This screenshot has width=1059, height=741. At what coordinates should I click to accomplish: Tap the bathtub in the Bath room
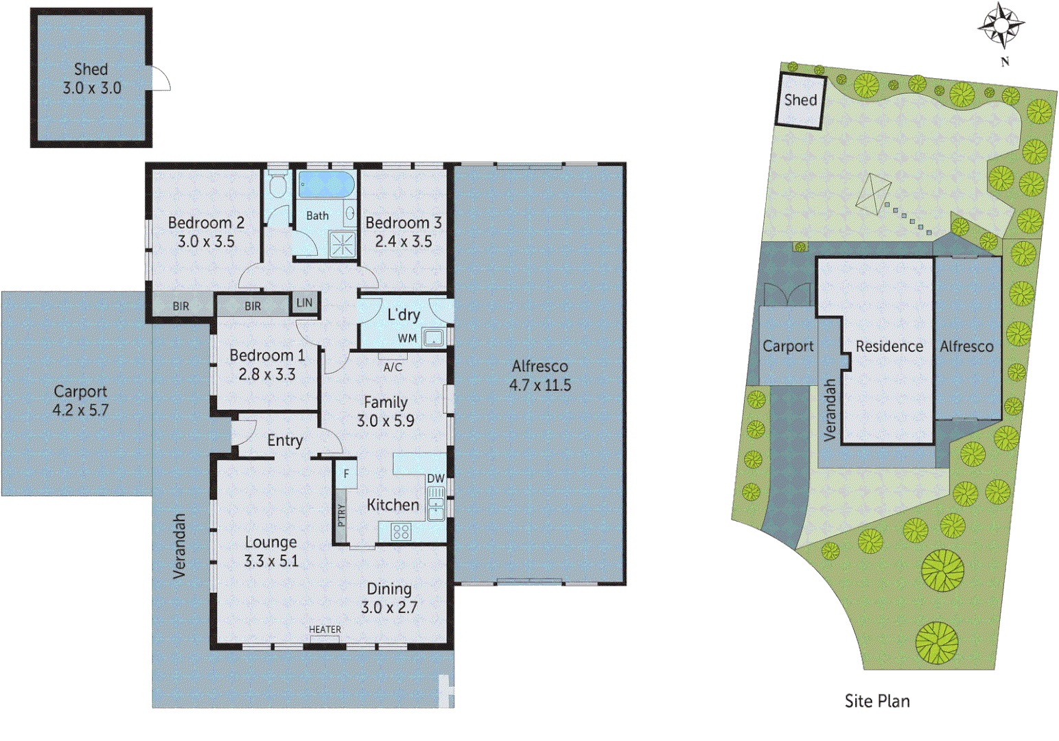[325, 185]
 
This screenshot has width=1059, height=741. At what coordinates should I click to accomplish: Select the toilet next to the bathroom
[278, 185]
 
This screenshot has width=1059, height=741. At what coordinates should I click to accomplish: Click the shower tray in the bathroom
[342, 244]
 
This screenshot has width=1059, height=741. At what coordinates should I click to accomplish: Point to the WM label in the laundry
[407, 338]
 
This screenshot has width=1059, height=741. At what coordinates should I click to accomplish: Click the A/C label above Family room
[393, 367]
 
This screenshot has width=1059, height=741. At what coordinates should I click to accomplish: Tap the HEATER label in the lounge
[325, 629]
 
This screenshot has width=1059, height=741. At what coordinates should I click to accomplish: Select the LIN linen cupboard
[304, 303]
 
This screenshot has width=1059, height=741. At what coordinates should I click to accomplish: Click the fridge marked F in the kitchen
[347, 474]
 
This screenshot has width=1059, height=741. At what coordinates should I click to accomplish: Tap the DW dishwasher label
[436, 478]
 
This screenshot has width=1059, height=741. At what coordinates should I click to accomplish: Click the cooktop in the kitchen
[401, 531]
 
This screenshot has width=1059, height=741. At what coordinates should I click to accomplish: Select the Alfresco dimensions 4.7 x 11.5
[539, 386]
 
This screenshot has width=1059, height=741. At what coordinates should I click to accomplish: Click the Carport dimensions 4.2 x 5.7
[80, 410]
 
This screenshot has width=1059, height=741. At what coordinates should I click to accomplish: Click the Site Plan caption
[876, 701]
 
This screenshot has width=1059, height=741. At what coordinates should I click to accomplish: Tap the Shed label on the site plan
[800, 100]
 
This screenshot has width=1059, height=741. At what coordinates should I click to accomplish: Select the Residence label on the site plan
[889, 346]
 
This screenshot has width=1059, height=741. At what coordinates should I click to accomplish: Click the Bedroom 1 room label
[267, 355]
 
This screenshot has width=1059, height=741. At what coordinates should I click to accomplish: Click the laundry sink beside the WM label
[432, 337]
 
